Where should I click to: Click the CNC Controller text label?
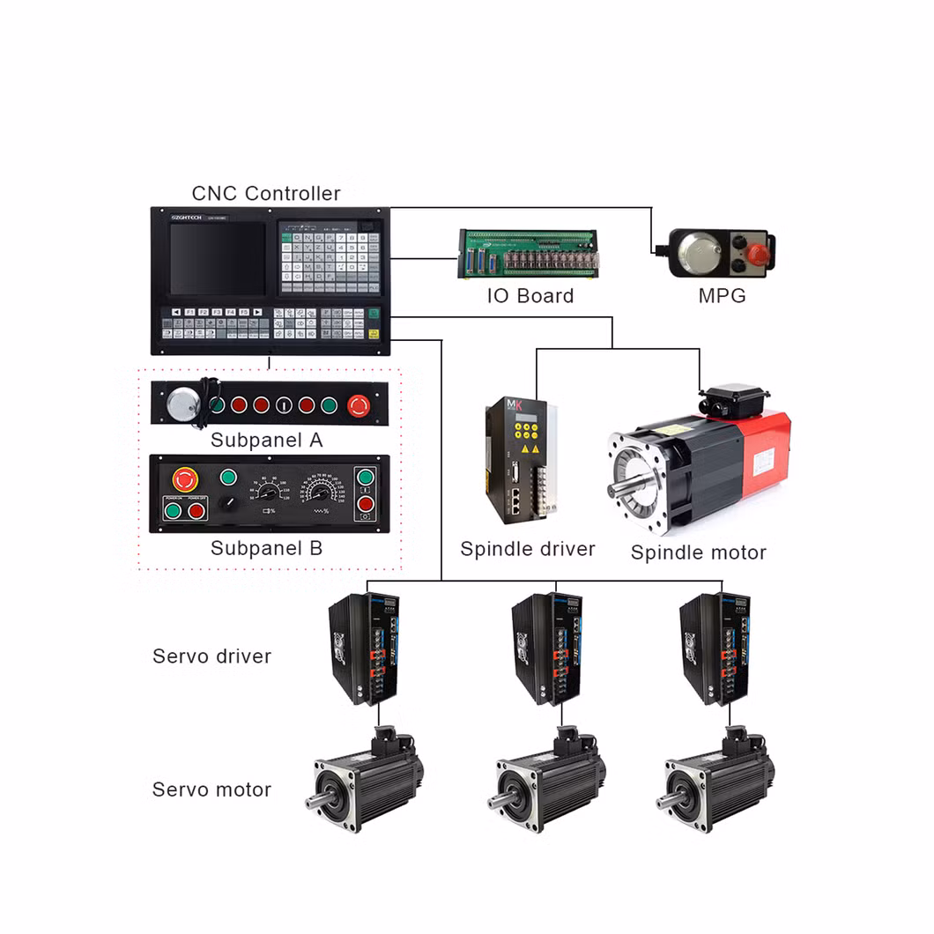pyautogui.click(x=266, y=193)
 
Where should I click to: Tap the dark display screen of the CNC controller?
pyautogui.click(x=217, y=258)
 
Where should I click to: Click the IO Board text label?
pyautogui.click(x=530, y=296)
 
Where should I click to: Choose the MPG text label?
pyautogui.click(x=722, y=296)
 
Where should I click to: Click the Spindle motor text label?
pyautogui.click(x=698, y=552)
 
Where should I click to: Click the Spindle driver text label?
pyautogui.click(x=527, y=549)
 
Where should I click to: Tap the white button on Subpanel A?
pyautogui.click(x=283, y=405)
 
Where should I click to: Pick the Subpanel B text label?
pyautogui.click(x=266, y=548)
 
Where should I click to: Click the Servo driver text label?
pyautogui.click(x=211, y=656)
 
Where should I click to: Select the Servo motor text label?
pyautogui.click(x=211, y=789)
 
